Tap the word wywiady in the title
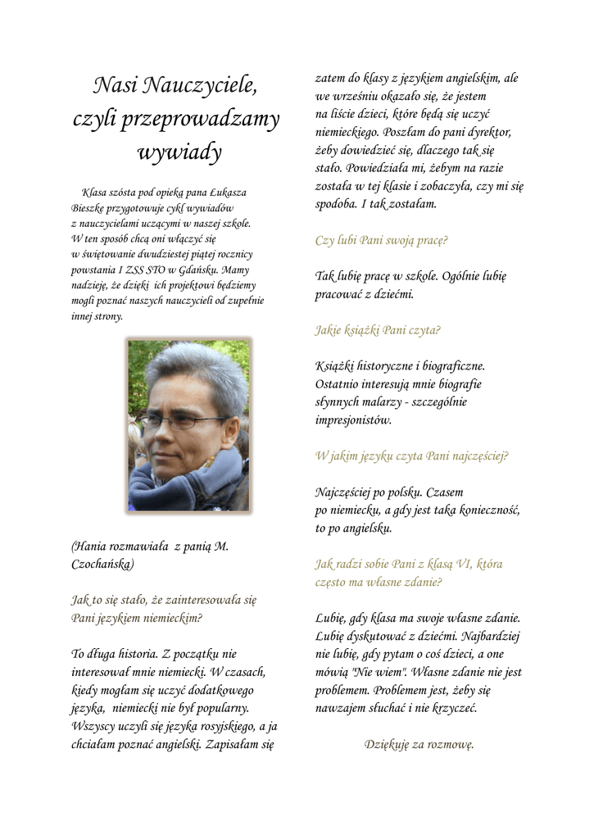tap(179, 152)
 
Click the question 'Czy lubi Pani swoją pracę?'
tap(382, 241)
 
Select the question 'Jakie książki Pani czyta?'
tap(378, 331)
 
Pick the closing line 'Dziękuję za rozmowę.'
tap(419, 745)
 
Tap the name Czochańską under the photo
tap(102, 565)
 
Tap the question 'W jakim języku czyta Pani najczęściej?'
tap(411, 456)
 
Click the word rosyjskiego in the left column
tap(221, 727)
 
